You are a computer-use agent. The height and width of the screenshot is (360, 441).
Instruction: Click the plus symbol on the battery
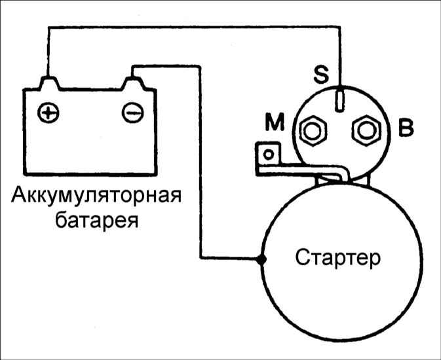pos(48,113)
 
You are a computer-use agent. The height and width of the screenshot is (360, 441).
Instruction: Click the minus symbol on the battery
pos(132,113)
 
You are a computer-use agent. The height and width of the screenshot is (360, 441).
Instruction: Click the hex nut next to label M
pos(313,131)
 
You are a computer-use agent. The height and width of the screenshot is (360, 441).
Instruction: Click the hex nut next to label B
pos(366,131)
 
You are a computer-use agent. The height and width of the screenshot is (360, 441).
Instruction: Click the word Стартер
pos(337,257)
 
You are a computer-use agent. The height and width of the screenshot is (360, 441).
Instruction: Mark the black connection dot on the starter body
pos(261,260)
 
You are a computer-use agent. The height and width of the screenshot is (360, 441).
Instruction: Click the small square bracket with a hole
pos(268,154)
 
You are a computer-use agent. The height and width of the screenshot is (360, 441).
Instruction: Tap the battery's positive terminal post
pos(50,83)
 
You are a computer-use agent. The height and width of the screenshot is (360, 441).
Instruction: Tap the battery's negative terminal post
pos(133,83)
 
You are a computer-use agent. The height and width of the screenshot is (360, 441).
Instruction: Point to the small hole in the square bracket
pos(269,154)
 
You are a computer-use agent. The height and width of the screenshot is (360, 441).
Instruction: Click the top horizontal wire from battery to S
pos(194,27)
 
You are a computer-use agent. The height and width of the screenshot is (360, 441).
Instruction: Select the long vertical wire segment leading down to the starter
pos(201,162)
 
